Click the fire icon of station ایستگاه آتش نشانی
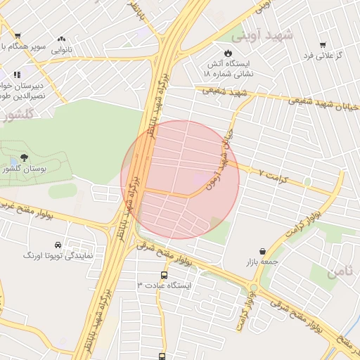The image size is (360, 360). click(x=228, y=53)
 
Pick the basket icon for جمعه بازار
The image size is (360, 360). click(x=263, y=251)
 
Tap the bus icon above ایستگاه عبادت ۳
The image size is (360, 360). click(x=164, y=275)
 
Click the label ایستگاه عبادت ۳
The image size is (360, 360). click(x=167, y=285)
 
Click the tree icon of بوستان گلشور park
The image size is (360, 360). click(x=25, y=158)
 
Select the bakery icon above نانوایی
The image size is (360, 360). click(x=62, y=39)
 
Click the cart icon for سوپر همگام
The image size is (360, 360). click(x=17, y=35)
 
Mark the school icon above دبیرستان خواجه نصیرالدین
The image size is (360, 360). click(x=17, y=74)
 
